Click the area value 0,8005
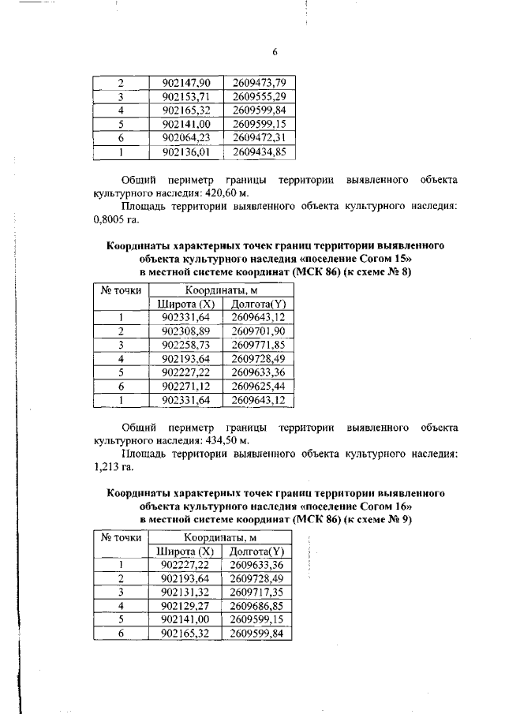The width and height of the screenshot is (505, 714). pyautogui.click(x=111, y=220)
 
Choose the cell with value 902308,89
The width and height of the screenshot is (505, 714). pyautogui.click(x=186, y=331)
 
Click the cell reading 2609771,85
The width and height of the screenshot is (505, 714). pyautogui.click(x=259, y=345)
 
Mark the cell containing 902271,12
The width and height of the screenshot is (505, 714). pyautogui.click(x=186, y=387)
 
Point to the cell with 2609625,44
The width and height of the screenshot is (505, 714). pyautogui.click(x=259, y=387)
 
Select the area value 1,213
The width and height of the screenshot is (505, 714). pyautogui.click(x=108, y=469)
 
